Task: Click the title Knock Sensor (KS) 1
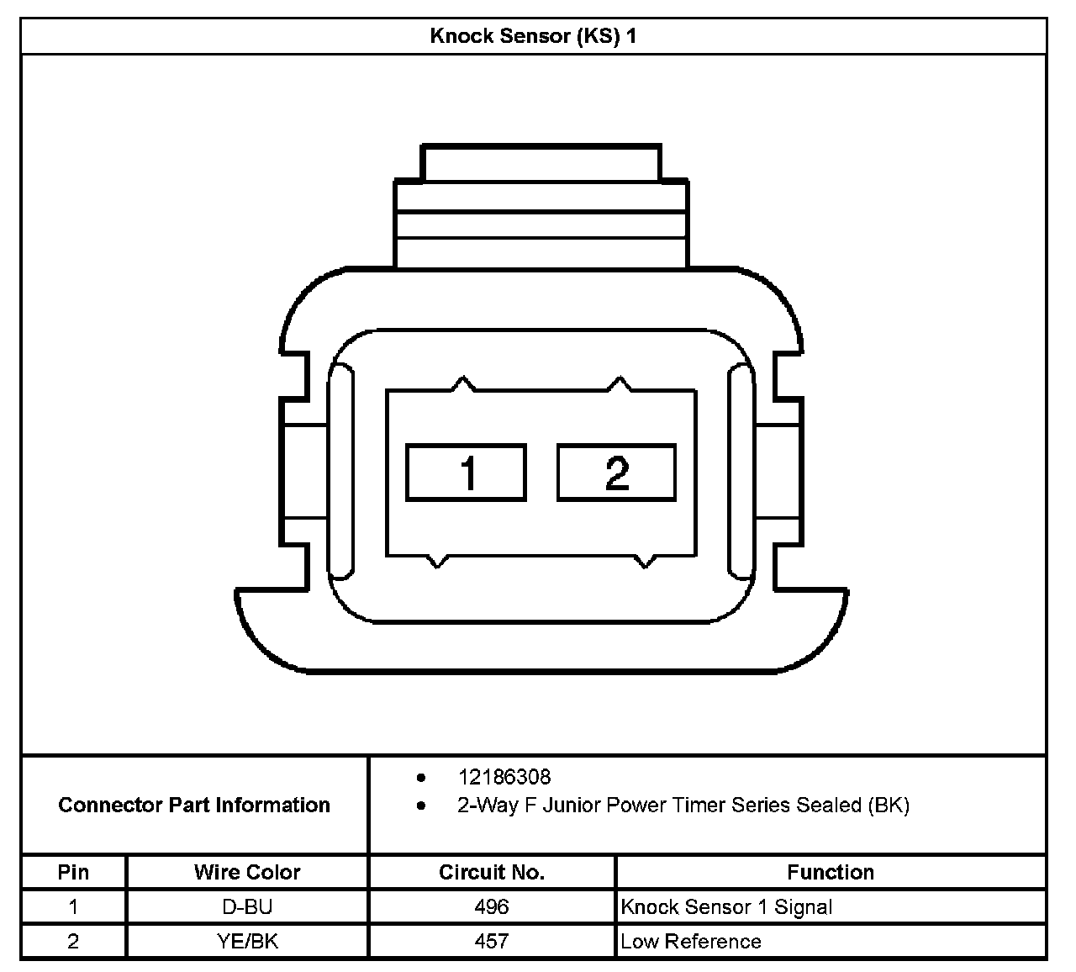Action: (x=533, y=36)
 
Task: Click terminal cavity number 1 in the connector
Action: (x=467, y=473)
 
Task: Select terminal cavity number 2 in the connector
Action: (x=617, y=473)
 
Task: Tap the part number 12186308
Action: (x=504, y=777)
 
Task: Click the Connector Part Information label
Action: (x=194, y=805)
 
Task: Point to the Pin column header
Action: (x=73, y=872)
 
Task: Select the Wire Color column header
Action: (x=247, y=872)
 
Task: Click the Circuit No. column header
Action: (x=492, y=872)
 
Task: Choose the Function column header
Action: (x=831, y=872)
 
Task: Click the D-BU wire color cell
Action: (x=247, y=906)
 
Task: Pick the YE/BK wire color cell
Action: (x=247, y=941)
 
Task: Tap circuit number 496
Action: (x=492, y=906)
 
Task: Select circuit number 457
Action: (x=492, y=941)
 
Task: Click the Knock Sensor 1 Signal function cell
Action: (x=726, y=906)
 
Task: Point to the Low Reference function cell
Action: (x=691, y=941)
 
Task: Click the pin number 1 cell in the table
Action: (x=73, y=906)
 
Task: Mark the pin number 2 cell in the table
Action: (x=73, y=941)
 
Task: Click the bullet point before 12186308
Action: (x=421, y=777)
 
